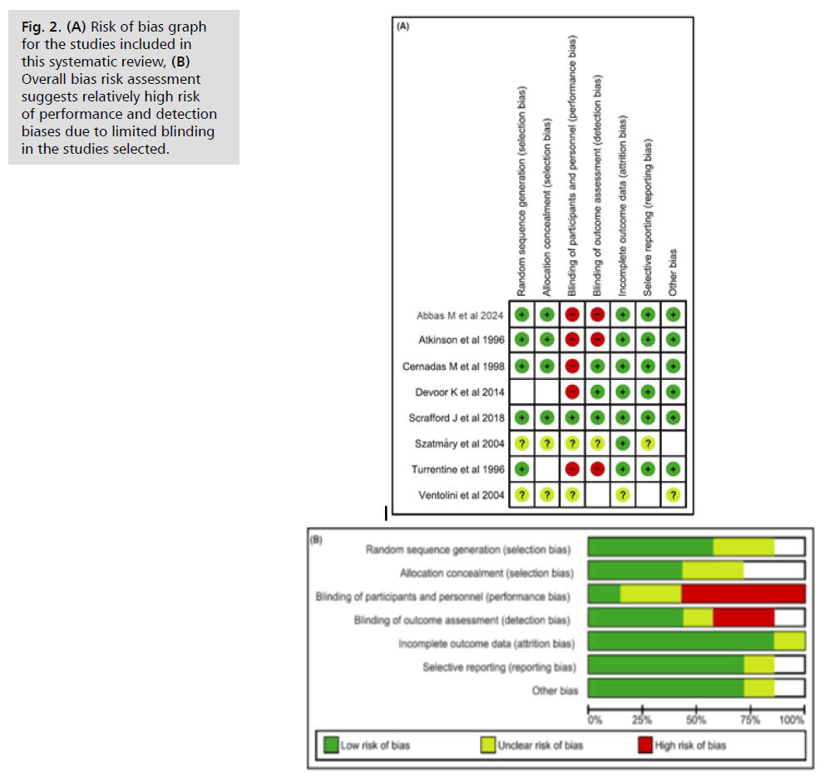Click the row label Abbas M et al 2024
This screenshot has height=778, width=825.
point(460,315)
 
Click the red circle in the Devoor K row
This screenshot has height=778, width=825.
point(572,391)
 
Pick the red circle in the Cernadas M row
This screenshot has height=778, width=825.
point(572,366)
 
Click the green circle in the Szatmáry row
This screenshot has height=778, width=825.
point(623,443)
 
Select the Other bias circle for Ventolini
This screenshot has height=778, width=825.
point(673,495)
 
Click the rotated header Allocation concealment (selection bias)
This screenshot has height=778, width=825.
point(546,203)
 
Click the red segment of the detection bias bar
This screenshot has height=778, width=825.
point(743,618)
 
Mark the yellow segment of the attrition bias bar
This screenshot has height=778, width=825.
point(789,641)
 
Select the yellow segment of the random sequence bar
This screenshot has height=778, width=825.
point(743,547)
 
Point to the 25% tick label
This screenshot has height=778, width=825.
point(642,719)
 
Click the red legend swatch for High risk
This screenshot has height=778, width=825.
point(645,745)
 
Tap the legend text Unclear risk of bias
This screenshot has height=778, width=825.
point(540,745)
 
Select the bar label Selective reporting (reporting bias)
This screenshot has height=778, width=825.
point(498,667)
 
